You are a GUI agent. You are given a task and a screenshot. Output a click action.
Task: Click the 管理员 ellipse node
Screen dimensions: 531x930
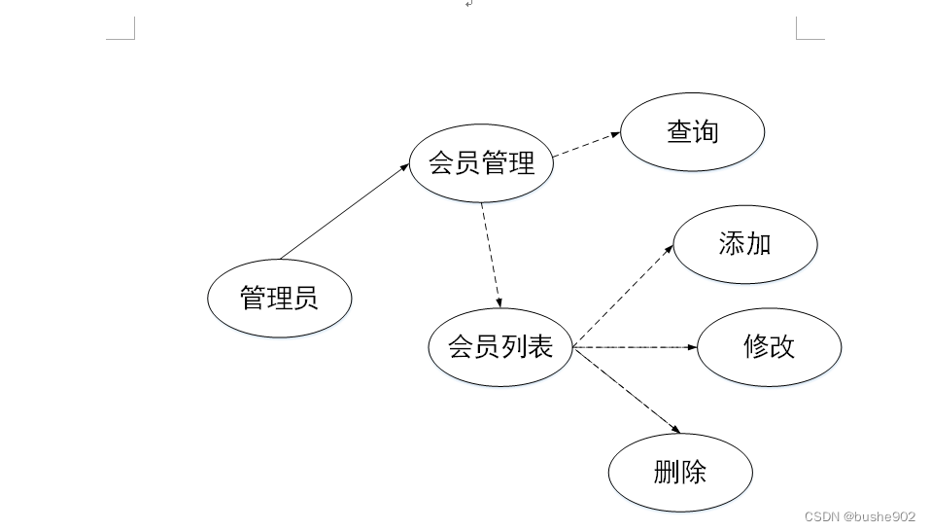point(279,298)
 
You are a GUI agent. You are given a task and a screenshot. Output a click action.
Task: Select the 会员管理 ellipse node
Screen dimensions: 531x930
point(482,163)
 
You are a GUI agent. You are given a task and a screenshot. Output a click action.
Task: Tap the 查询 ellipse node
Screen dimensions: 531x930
point(692,132)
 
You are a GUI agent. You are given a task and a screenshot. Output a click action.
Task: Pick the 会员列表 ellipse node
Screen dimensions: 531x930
point(500,347)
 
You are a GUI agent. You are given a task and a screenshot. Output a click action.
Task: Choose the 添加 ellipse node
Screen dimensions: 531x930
point(745,244)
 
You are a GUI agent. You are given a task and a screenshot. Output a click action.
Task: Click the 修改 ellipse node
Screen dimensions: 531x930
point(769,347)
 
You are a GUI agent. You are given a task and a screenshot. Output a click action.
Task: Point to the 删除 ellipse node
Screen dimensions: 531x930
point(680,474)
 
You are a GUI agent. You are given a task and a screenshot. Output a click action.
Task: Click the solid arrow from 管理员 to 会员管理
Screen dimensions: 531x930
point(345,211)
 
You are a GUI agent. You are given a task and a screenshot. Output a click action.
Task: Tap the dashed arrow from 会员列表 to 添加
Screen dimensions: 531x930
point(622,297)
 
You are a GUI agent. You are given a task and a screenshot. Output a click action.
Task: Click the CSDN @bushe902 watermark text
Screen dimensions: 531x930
point(860,516)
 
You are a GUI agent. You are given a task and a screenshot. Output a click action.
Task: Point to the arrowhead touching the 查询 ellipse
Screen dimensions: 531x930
point(615,136)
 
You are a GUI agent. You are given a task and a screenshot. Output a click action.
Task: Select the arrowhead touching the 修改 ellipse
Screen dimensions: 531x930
point(692,347)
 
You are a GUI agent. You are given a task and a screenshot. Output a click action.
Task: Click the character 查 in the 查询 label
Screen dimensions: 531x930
point(679,132)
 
